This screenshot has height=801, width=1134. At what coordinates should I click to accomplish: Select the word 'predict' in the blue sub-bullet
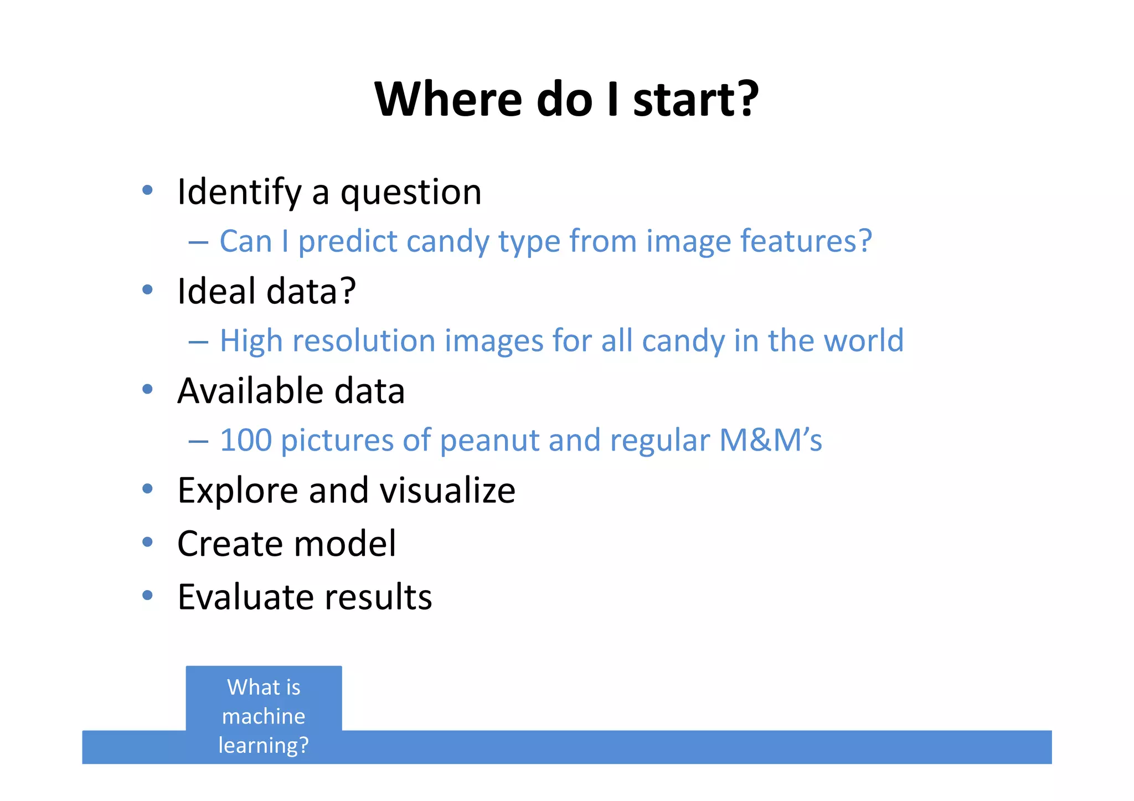click(348, 242)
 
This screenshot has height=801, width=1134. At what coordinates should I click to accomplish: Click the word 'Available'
click(250, 391)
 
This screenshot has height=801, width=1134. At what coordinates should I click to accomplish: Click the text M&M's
click(770, 441)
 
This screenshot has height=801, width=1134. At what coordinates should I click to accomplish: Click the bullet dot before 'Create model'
click(147, 542)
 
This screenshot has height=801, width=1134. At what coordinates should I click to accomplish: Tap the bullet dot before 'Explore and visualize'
click(147, 489)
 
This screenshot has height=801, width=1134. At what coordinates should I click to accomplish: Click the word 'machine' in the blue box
click(264, 716)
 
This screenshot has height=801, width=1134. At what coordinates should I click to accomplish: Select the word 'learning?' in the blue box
click(264, 745)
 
